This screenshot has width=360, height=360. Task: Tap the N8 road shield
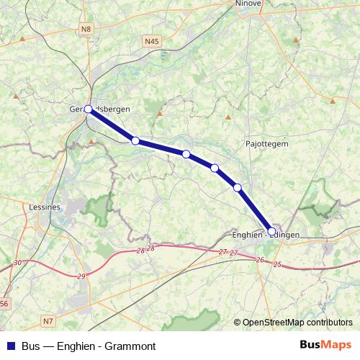click(x=86, y=29)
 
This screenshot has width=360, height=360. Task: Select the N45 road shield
click(x=150, y=42)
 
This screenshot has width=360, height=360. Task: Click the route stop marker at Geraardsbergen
click(x=88, y=109)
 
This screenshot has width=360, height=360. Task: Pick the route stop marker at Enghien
click(x=271, y=232)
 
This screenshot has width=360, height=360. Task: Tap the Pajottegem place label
click(x=266, y=143)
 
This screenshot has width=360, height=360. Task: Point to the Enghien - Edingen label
click(x=266, y=235)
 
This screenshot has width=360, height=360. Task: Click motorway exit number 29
click(x=81, y=276)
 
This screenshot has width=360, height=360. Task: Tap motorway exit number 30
click(x=17, y=263)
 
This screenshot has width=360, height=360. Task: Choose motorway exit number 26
click(x=260, y=259)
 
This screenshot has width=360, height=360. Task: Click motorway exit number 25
click(x=278, y=265)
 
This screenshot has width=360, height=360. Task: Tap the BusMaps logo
click(x=326, y=346)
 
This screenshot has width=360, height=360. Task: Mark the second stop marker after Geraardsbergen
click(x=186, y=154)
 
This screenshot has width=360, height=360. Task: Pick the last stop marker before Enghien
click(x=237, y=188)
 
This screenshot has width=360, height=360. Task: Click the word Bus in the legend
click(x=30, y=346)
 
